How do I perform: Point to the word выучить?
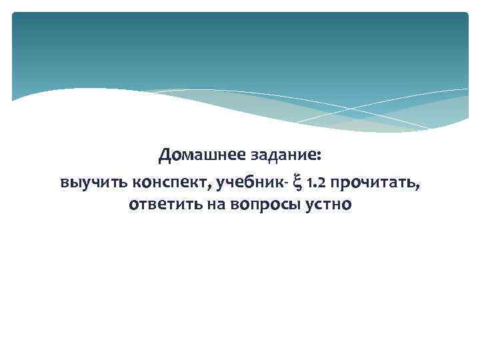93,181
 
